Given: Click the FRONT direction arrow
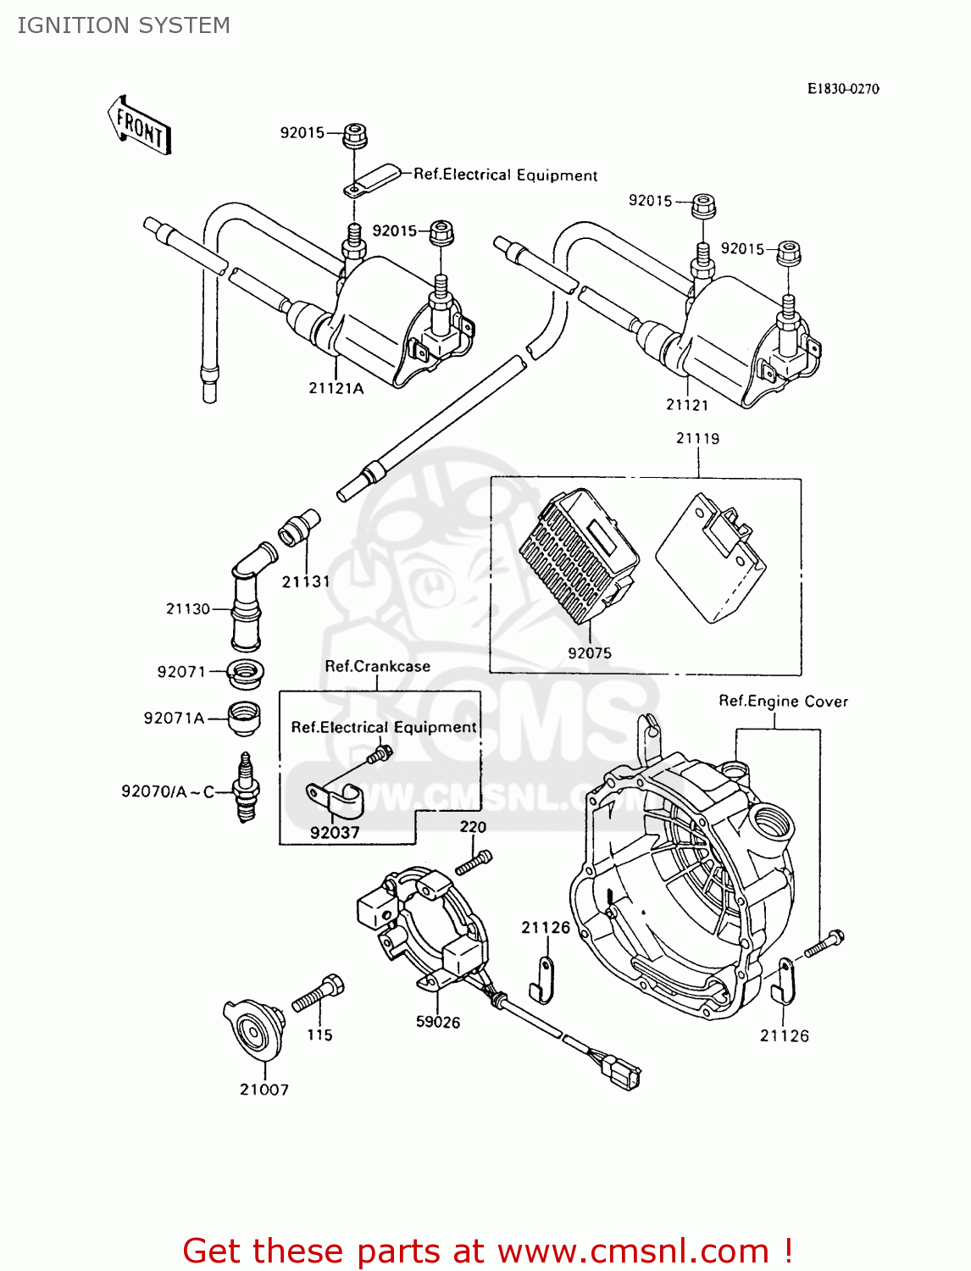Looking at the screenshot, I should coord(141,126).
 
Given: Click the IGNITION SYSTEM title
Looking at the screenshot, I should coord(124,25).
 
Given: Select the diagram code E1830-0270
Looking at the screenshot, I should coord(842,89).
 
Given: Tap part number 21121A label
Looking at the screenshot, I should coord(336,389).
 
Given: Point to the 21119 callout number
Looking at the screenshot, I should coord(697,438).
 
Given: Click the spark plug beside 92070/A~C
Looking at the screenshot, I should coord(246,789).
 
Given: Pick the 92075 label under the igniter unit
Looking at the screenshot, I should coord(589,653).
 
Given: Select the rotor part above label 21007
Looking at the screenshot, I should coord(255,1030).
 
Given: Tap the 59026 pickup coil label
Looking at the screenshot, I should coord(438,1023).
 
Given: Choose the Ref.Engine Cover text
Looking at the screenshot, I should coord(783,701).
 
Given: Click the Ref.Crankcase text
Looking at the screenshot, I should coord(377,666).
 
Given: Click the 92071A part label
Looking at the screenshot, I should coord(174,719).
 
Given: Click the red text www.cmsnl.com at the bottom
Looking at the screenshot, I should coord(633,1251).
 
